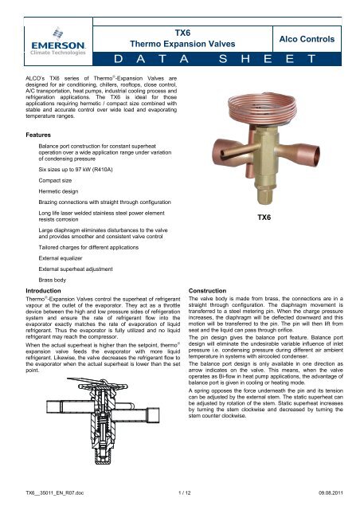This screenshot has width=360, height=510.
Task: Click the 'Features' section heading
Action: pos(31,136)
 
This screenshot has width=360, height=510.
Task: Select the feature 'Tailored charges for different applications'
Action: pos(97,247)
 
